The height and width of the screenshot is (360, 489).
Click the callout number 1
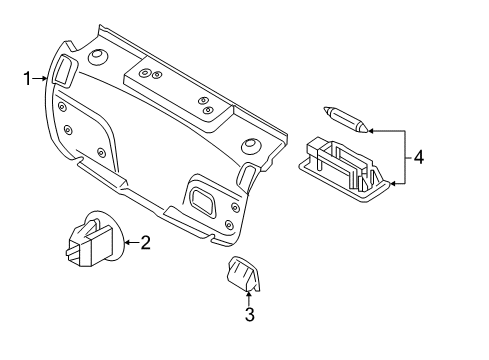[x=27, y=79]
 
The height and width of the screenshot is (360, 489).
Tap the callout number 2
[x=145, y=242]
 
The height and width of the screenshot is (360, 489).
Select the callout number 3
[x=250, y=314]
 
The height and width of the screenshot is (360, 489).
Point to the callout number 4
[x=419, y=157]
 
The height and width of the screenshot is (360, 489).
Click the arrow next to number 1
[x=40, y=78]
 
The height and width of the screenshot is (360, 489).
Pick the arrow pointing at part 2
[x=131, y=242]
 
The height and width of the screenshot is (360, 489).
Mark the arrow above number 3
[x=248, y=298]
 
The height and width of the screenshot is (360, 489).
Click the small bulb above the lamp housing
[x=346, y=119]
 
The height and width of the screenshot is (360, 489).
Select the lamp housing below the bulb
[x=344, y=168]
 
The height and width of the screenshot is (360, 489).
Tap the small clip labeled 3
[x=243, y=274]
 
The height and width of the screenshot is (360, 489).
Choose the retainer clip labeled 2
[x=95, y=238]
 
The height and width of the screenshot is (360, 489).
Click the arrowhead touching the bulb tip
[x=371, y=131]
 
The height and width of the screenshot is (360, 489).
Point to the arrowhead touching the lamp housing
[x=393, y=184]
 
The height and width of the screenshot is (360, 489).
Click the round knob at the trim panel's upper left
[x=98, y=56]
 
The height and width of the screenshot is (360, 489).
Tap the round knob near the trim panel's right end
[x=251, y=145]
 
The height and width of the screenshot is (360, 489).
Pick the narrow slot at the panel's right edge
[x=246, y=174]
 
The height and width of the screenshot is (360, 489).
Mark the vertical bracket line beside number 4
[x=405, y=157]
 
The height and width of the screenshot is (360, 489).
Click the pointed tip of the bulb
[x=324, y=108]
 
